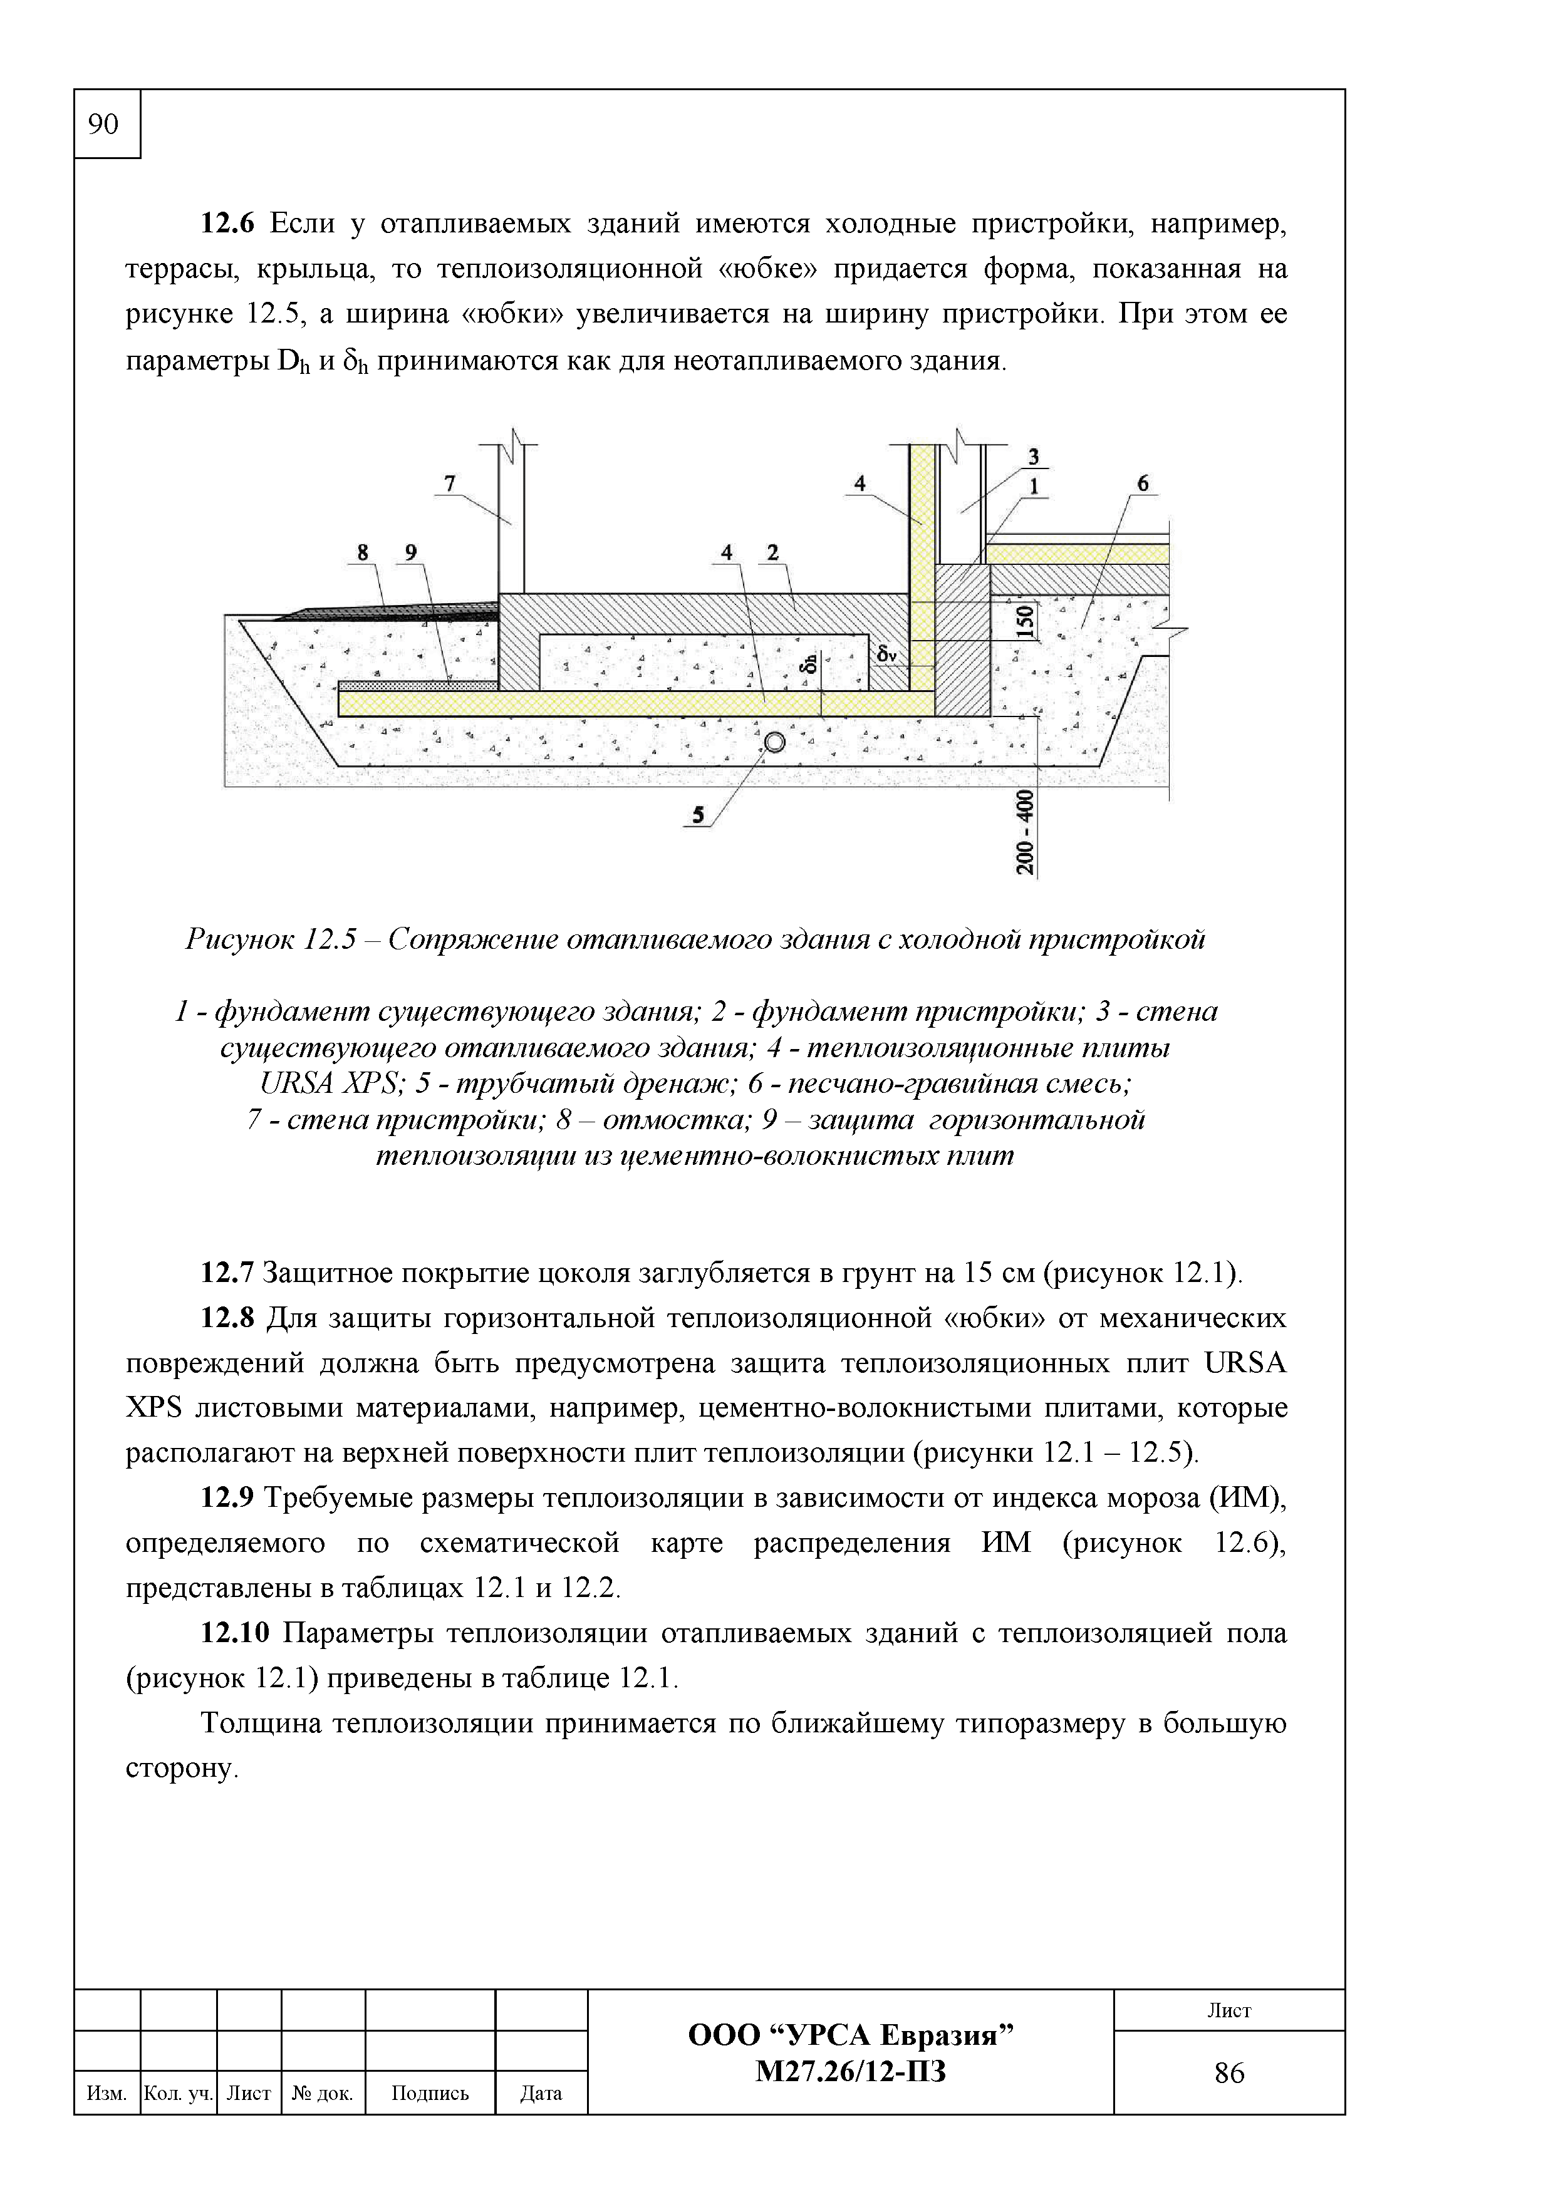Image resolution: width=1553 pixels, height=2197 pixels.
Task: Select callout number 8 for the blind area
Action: tap(363, 552)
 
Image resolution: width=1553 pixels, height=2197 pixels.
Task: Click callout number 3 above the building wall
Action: tap(1034, 457)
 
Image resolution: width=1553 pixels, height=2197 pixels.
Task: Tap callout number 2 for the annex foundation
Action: tap(773, 552)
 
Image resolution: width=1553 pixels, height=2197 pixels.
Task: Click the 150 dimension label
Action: tap(1026, 622)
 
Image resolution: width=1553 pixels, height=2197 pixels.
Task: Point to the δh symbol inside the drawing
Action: tap(809, 662)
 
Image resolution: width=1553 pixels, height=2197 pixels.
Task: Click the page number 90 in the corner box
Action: tap(103, 123)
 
